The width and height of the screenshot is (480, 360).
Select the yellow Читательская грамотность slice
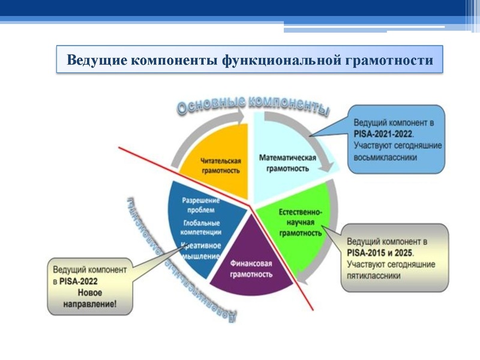pyautogui.click(x=220, y=166)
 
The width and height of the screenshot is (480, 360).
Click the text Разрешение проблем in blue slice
pyautogui.click(x=200, y=205)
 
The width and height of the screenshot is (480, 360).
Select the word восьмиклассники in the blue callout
pyautogui.click(x=385, y=157)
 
